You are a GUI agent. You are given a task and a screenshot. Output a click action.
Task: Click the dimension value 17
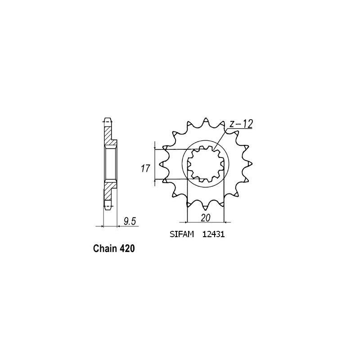145,170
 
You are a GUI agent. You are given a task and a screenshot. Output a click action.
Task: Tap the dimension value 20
205,217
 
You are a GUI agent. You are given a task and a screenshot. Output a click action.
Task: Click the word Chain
105,248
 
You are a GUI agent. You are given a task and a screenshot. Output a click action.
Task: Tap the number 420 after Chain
127,248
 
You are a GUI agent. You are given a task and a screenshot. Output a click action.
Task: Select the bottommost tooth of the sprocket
205,208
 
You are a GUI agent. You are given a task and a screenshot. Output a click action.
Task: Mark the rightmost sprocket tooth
249,164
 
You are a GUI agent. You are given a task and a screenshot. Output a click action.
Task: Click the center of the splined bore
206,164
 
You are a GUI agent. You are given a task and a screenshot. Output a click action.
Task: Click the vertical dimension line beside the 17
155,164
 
